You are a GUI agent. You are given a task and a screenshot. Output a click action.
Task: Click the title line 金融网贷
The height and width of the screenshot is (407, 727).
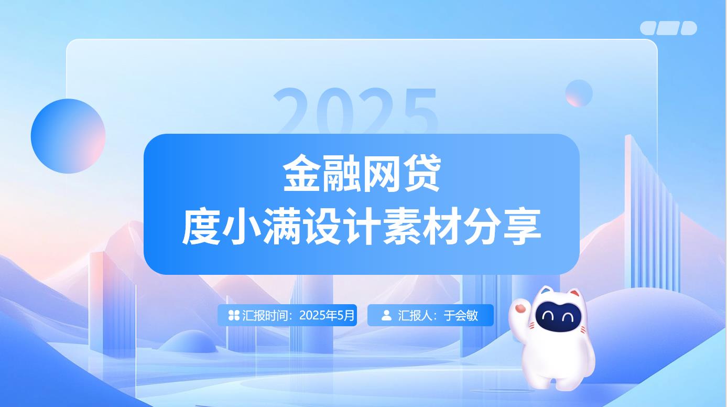point(362,173)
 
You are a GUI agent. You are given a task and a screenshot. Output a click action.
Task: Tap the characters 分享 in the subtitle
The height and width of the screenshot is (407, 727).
point(503,227)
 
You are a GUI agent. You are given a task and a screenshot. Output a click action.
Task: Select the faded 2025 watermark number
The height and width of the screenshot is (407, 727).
point(356,111)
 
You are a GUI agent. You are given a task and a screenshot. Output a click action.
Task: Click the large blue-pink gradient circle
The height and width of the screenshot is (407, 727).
point(68,136)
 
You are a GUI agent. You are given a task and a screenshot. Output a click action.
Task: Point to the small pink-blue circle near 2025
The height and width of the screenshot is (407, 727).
point(579,93)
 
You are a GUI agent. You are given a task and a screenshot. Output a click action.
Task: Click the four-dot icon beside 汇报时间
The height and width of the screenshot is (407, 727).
point(234,315)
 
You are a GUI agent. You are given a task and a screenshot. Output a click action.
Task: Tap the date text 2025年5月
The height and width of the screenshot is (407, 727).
point(327,315)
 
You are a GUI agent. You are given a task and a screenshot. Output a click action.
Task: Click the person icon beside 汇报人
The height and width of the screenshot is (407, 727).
point(386,315)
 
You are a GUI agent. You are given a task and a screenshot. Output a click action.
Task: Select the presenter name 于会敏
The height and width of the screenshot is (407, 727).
point(461,315)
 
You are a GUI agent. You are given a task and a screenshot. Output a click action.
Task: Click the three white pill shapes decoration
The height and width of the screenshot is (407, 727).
point(669,28)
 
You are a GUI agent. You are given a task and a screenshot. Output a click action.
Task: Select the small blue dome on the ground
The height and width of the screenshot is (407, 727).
point(188,342)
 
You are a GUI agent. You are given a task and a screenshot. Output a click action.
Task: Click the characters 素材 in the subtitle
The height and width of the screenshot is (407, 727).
point(422,227)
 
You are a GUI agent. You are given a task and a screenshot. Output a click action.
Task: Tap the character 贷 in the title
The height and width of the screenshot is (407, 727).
point(422,173)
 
